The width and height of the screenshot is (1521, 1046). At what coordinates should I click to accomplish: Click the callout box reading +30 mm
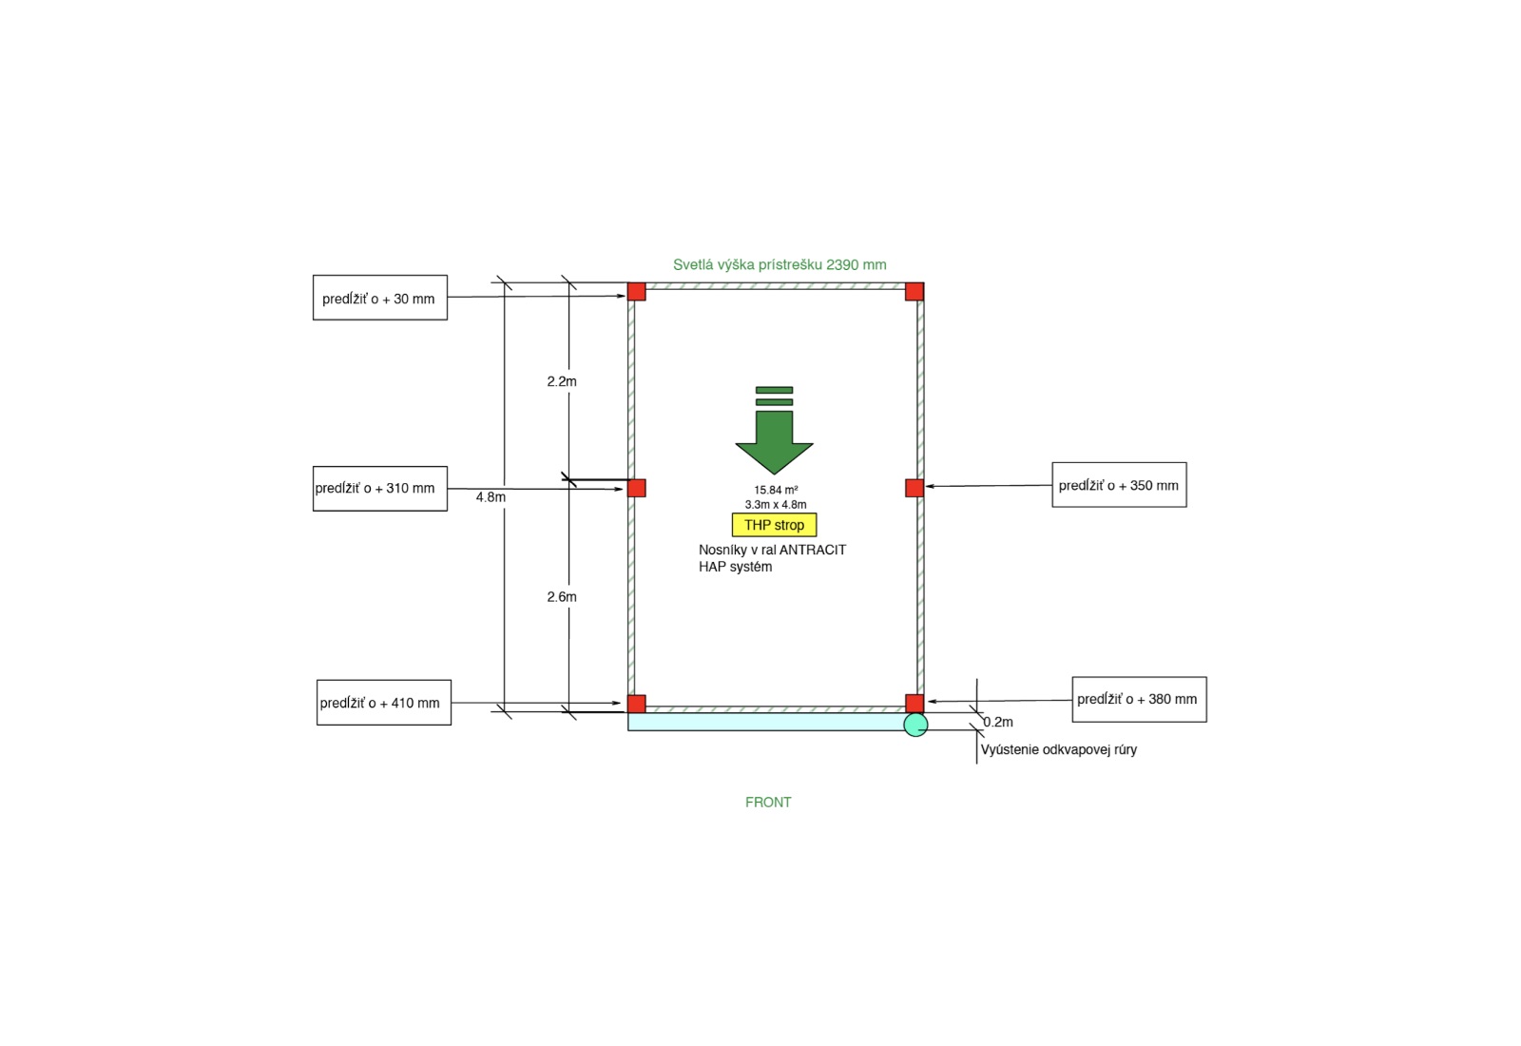click(379, 298)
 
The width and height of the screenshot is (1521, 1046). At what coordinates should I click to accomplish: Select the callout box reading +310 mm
click(379, 488)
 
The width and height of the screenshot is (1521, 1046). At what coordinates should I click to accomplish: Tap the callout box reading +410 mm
click(383, 703)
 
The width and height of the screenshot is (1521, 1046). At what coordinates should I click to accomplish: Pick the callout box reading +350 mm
click(1119, 485)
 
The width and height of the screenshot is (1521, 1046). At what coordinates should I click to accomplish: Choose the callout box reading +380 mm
click(1139, 699)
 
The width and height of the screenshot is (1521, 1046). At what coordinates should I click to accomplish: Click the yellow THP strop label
click(774, 525)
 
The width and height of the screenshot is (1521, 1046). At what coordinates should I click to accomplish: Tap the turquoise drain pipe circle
click(915, 725)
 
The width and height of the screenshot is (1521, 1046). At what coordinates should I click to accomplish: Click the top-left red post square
click(637, 291)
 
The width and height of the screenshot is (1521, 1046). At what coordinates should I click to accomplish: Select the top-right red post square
click(915, 291)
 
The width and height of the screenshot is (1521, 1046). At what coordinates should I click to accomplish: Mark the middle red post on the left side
click(637, 488)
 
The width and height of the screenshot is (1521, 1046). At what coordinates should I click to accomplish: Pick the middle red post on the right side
click(915, 488)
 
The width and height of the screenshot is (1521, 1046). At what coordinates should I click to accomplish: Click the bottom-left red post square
click(637, 704)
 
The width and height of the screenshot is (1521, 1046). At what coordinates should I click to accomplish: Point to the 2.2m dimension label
click(562, 381)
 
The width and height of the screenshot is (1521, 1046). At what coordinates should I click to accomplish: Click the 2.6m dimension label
click(562, 597)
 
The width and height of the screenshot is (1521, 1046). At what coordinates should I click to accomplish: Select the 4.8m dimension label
click(491, 497)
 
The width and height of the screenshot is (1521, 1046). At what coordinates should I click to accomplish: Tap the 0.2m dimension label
click(998, 722)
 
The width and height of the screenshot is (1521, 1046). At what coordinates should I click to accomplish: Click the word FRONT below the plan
click(768, 803)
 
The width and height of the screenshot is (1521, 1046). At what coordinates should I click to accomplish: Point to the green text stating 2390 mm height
click(780, 265)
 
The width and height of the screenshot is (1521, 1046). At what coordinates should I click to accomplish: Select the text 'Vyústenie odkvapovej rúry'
click(1058, 749)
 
